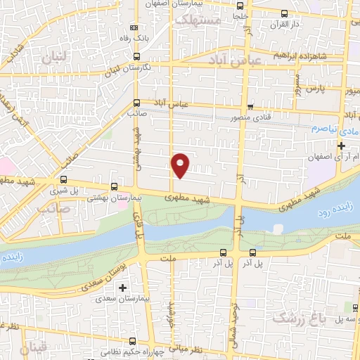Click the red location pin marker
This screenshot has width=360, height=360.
pos(181,165)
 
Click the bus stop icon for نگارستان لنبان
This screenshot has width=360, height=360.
pos(136,56)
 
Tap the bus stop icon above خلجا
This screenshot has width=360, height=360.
pos(283,13)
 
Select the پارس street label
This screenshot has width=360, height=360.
pos(331,89)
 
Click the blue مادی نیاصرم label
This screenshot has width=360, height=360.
pos(330,131)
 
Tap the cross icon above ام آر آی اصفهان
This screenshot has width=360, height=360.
pos(342,146)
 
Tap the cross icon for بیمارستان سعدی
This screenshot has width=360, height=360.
pos(122,288)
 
